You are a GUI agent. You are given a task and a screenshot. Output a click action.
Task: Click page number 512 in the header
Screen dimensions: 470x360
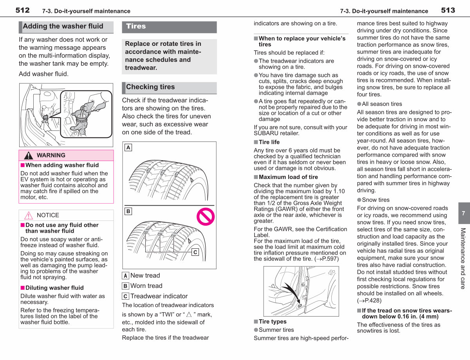[x=22, y=10]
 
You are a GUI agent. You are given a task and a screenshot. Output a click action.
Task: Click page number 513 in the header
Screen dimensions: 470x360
[x=448, y=10]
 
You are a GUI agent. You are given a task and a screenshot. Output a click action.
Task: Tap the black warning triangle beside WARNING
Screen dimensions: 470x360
[x=29, y=155]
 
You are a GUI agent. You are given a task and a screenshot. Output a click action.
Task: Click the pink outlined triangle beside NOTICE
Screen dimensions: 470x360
[x=29, y=215]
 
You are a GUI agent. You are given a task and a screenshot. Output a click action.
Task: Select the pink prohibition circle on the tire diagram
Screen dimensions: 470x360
[x=206, y=217]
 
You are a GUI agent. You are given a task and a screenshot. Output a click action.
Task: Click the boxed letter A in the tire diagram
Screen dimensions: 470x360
[x=128, y=148]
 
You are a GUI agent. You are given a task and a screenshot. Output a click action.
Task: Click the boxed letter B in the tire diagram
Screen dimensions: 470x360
[x=128, y=211]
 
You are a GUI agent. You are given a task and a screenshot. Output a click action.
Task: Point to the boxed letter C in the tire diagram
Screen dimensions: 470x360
[x=195, y=252]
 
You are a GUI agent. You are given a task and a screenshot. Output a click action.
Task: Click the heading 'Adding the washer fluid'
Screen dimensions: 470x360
[x=63, y=26]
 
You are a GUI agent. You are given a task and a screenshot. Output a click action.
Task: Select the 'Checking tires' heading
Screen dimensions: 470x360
[x=150, y=87]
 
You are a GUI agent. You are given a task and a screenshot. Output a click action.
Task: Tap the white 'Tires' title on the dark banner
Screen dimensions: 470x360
[x=136, y=26]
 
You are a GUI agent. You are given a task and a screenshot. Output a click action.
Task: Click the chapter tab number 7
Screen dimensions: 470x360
[x=463, y=213]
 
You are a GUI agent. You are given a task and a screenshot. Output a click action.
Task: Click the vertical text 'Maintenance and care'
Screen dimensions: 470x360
[x=463, y=259]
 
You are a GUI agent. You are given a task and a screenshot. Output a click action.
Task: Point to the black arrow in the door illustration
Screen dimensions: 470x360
[x=291, y=293]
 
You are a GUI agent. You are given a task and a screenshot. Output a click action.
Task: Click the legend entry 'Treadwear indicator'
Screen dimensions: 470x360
[x=159, y=296]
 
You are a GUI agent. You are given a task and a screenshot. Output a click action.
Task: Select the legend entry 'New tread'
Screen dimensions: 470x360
[x=145, y=275]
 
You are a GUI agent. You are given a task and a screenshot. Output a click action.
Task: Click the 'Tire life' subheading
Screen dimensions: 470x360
[x=269, y=142]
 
